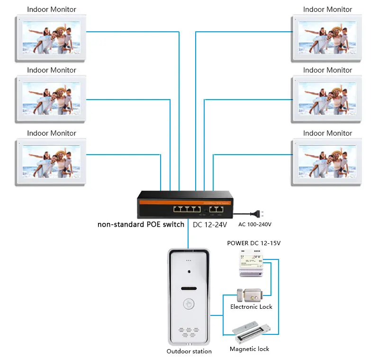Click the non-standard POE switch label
pos(141,224)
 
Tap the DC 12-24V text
pos(210,224)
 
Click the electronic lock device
pos(248,295)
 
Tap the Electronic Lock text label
pos(251,307)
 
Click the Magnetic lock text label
pos(249,349)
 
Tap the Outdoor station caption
pos(189,351)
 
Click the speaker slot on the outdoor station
pos(189,288)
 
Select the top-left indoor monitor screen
pos(51,37)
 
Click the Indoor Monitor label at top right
pos(327,9)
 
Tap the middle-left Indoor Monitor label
pos(52,70)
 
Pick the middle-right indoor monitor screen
pos(327,99)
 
